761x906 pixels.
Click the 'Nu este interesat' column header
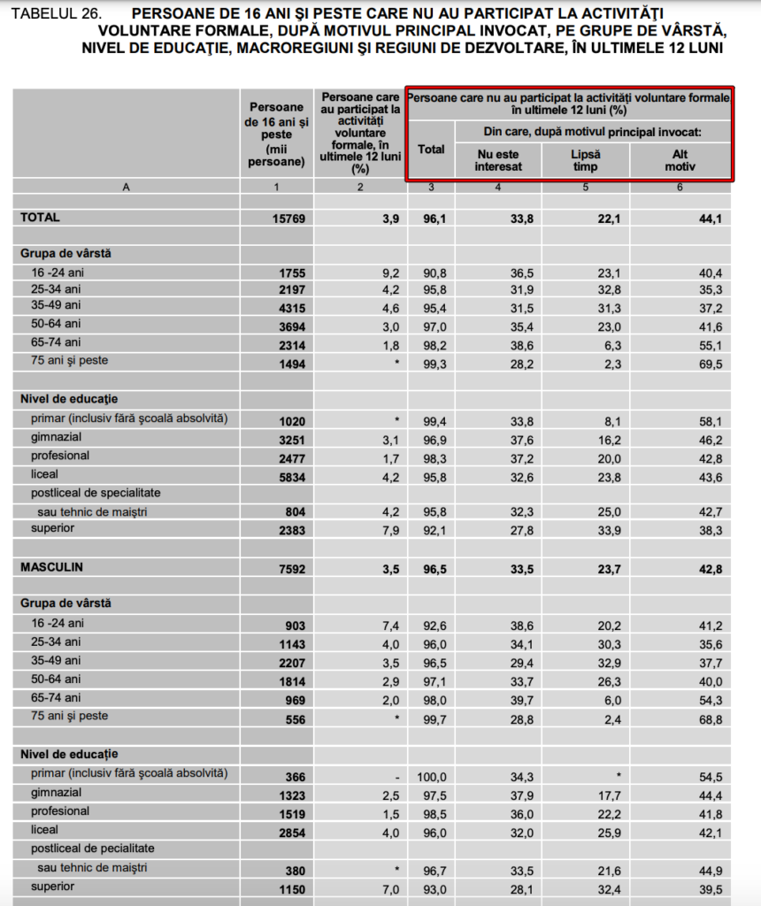pos(498,160)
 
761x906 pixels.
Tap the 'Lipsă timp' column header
pos(585,160)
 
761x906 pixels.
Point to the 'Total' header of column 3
pos(431,150)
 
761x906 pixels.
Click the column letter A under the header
pos(126,187)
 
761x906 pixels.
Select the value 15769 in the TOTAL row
pos(288,218)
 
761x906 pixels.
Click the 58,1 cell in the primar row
pos(711,419)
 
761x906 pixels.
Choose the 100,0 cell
pos(432,776)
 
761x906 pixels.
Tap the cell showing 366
pos(295,776)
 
